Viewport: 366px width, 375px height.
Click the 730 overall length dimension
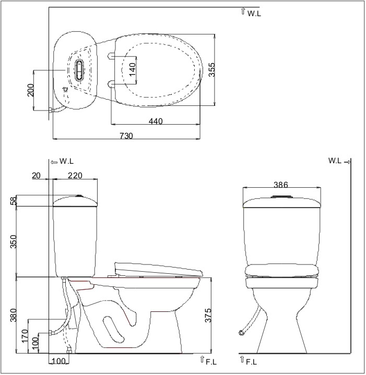[x=126, y=136]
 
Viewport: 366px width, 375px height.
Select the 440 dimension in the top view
[x=156, y=121]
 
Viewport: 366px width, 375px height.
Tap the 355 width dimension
[x=211, y=69]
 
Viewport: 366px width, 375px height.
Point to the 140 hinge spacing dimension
[x=132, y=69]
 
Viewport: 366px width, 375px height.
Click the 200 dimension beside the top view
[x=31, y=90]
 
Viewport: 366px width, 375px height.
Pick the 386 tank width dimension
[x=281, y=185]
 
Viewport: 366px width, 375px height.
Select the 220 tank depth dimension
[x=75, y=176]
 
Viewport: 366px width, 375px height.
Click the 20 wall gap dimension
[x=36, y=176]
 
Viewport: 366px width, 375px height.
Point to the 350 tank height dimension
[x=14, y=241]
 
